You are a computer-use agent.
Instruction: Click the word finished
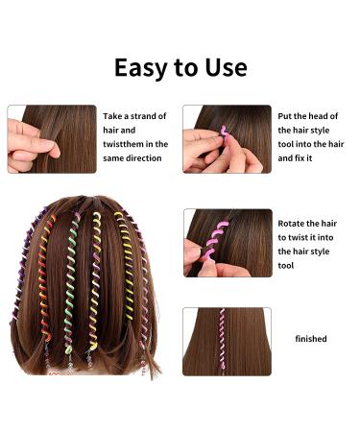point(311,339)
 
